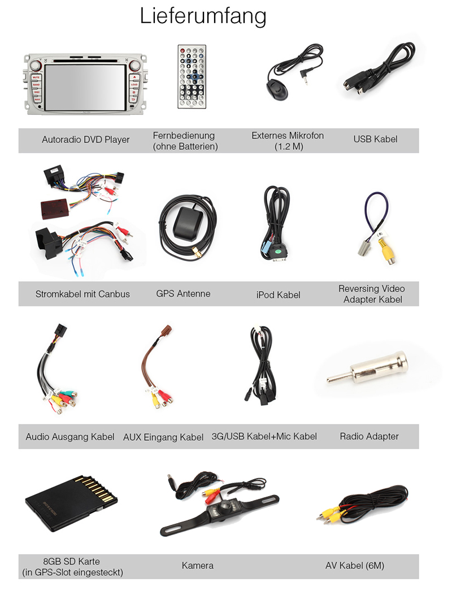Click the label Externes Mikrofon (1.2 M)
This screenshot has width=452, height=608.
[288, 141]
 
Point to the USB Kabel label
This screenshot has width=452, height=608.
[375, 139]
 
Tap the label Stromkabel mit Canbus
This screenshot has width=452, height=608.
[82, 294]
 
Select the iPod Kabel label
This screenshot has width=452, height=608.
[278, 294]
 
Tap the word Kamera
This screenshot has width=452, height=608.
[198, 565]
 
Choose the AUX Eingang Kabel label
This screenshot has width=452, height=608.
[163, 437]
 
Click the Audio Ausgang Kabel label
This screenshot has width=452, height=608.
[70, 437]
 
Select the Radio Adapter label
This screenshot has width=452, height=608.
[369, 436]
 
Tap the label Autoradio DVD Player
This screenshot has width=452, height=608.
[86, 140]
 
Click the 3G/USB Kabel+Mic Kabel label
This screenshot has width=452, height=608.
[264, 436]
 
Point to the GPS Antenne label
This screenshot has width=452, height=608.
[183, 294]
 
